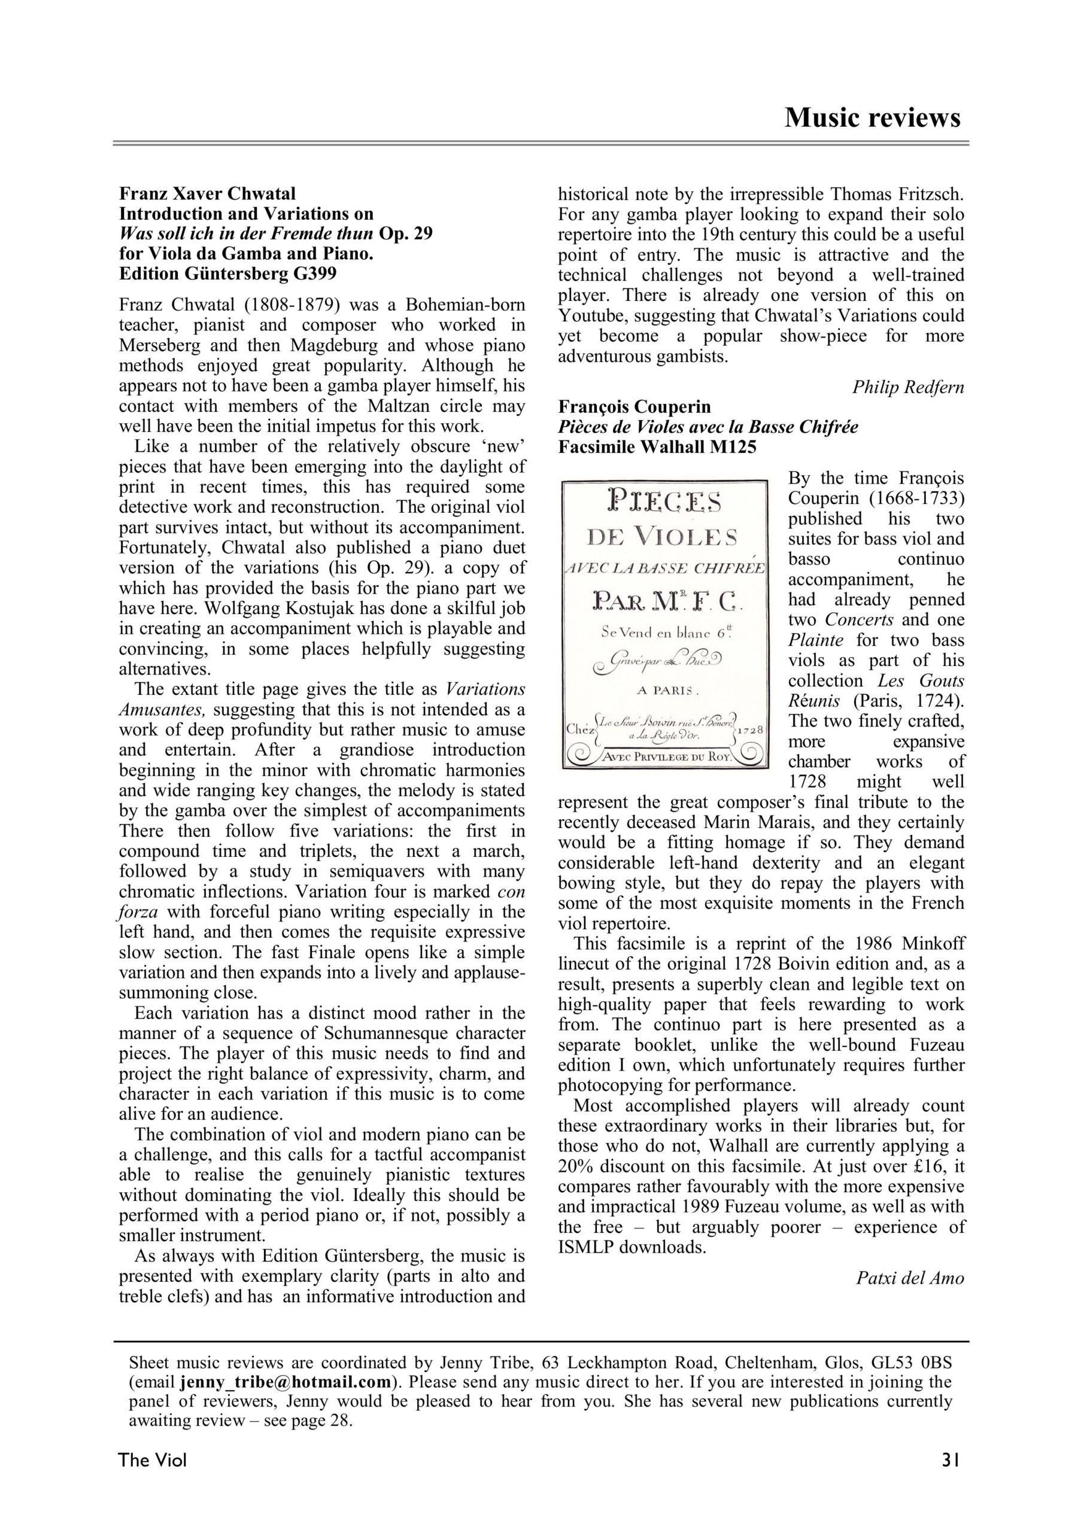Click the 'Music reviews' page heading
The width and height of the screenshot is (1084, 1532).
pyautogui.click(x=872, y=117)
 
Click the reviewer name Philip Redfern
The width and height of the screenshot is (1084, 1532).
pyautogui.click(x=908, y=387)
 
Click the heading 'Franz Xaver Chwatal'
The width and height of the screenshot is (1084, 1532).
pyautogui.click(x=207, y=194)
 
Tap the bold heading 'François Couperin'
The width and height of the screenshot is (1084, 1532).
pyautogui.click(x=634, y=406)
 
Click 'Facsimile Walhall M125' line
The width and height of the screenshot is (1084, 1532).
pyautogui.click(x=657, y=446)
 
